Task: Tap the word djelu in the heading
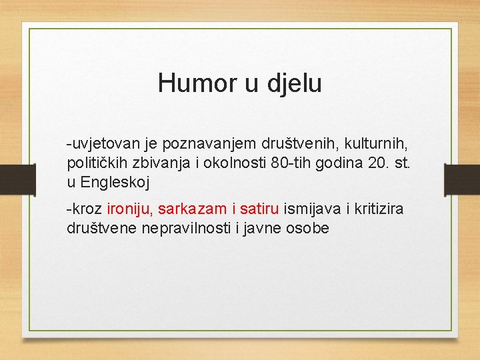[x=293, y=83]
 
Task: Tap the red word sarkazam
[x=193, y=209]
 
